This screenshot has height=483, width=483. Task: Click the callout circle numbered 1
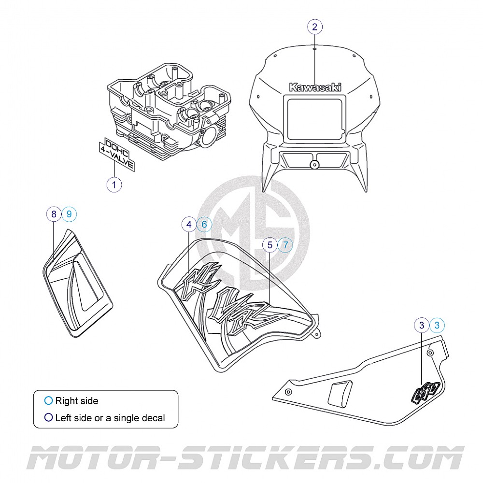tap(114, 184)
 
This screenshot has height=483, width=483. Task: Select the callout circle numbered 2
tap(315, 27)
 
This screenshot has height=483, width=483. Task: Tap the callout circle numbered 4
tap(189, 225)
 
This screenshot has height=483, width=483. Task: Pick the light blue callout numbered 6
tap(204, 225)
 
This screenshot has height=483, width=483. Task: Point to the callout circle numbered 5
tap(270, 245)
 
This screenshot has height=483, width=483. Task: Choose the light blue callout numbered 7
tap(285, 245)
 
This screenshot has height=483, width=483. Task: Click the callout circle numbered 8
tap(54, 214)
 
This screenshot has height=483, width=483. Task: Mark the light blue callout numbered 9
tap(69, 214)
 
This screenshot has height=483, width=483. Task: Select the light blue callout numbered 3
tap(437, 326)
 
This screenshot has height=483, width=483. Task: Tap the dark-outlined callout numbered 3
tap(422, 326)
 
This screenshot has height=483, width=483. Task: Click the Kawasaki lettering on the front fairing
tap(315, 87)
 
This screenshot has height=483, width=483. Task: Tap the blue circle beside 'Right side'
tap(48, 401)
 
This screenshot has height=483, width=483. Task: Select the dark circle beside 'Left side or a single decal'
tap(48, 418)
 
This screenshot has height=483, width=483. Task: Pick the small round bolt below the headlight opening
tap(315, 165)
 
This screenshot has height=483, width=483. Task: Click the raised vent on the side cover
tap(340, 394)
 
